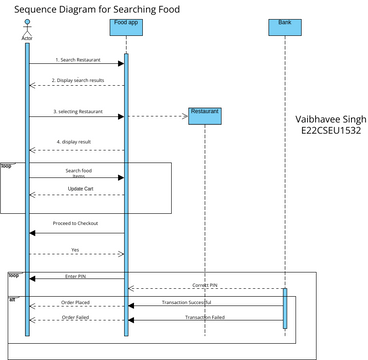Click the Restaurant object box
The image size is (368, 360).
point(204,112)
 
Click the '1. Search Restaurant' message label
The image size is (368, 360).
point(77,61)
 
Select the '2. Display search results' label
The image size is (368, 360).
point(78,80)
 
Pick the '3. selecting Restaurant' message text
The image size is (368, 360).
point(78,112)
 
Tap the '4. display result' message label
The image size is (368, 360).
point(77,142)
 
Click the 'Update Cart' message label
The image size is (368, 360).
point(82,188)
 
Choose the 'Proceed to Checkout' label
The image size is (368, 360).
point(76,223)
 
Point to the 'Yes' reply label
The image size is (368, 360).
point(75,250)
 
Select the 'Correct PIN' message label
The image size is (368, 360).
point(207,285)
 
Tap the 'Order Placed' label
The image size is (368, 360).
point(76,300)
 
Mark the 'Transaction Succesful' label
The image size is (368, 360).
point(207,300)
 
